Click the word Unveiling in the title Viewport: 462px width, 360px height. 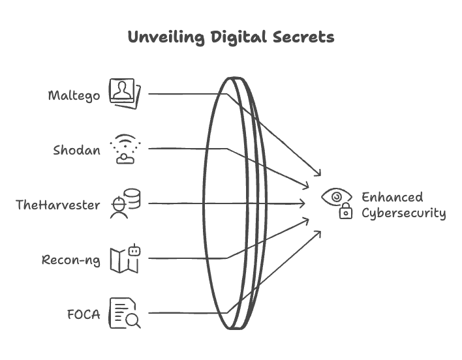click(x=166, y=37)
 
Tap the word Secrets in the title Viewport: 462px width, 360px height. click(x=303, y=37)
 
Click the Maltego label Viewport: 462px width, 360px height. click(x=74, y=96)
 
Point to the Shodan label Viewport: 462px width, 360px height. click(x=76, y=150)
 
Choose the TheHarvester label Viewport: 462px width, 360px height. click(x=57, y=205)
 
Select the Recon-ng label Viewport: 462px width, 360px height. click(x=70, y=260)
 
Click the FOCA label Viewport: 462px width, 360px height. click(x=84, y=314)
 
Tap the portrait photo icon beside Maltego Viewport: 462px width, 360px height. click(x=125, y=94)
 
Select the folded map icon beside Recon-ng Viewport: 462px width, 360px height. click(x=124, y=261)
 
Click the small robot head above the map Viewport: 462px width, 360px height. click(x=134, y=250)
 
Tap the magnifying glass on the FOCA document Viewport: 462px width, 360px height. click(x=133, y=321)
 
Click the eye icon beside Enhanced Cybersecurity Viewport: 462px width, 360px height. click(x=337, y=197)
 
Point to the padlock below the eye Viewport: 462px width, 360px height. click(x=346, y=211)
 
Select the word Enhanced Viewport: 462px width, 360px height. click(x=392, y=197)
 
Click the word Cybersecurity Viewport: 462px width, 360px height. click(x=404, y=213)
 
